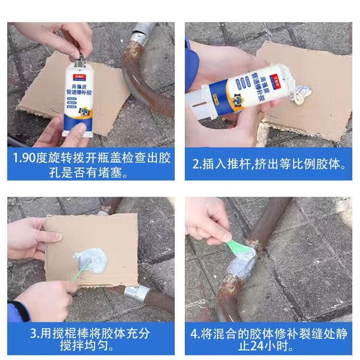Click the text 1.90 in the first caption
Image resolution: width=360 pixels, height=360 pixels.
pyautogui.click(x=24, y=158)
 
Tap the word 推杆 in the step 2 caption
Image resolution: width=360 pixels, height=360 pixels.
pyautogui.click(x=242, y=164)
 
